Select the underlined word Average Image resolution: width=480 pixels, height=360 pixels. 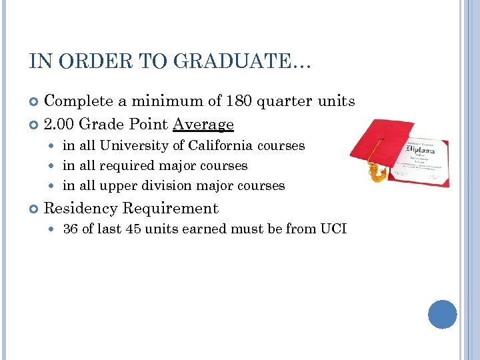203,124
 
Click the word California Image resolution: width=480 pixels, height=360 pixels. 222,145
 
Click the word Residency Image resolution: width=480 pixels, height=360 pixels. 80,208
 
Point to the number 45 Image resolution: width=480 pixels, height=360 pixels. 139,229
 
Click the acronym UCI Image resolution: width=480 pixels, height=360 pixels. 333,229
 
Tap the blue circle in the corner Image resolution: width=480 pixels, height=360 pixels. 442,314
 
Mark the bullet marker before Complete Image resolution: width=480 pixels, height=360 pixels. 34,102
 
